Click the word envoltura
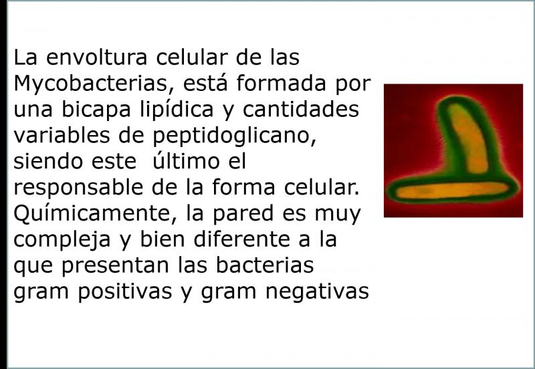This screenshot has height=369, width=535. coord(96,57)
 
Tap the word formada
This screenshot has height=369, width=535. coord(281,83)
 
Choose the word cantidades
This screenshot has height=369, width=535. coord(301,110)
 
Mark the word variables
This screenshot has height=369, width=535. coord(62,136)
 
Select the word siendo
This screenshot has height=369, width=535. coord(48,161)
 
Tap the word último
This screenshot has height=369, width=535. coord(186,161)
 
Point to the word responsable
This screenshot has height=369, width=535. coord(78,188)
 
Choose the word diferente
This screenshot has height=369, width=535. coord(241,239)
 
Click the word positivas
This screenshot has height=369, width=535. coord(125,292)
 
